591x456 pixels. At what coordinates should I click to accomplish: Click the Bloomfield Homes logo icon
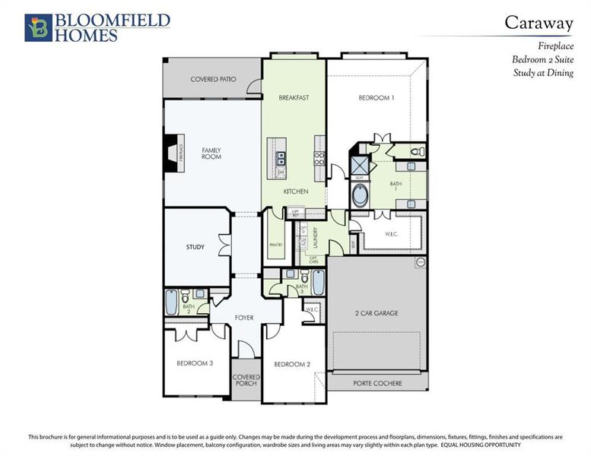tap(37, 27)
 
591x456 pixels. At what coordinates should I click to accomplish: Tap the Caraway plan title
tap(539, 22)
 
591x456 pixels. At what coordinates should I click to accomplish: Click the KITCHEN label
tap(296, 192)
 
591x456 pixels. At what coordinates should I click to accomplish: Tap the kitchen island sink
tap(281, 158)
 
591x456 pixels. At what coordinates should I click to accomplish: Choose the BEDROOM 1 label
tap(377, 98)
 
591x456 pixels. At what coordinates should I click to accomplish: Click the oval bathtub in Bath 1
tap(360, 194)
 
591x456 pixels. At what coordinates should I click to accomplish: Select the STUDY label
tap(195, 247)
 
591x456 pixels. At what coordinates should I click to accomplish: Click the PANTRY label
tap(276, 245)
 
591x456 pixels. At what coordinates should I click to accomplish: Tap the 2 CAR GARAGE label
tap(376, 313)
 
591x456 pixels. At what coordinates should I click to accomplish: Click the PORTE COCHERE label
tap(377, 383)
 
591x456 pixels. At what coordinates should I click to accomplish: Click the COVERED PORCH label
tap(246, 381)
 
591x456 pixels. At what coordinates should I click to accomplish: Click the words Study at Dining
tap(543, 73)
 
